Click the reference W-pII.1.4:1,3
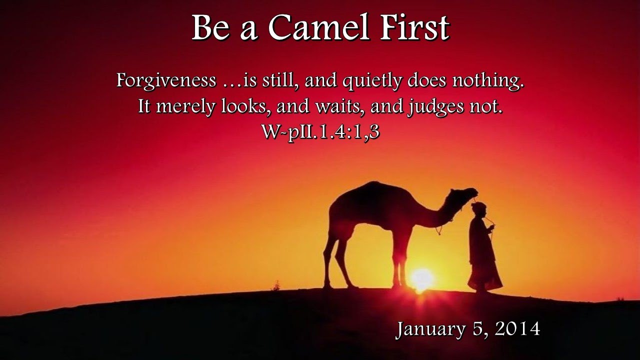(320, 131)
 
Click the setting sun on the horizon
(421, 278)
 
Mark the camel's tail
(330, 225)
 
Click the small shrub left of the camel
(276, 285)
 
